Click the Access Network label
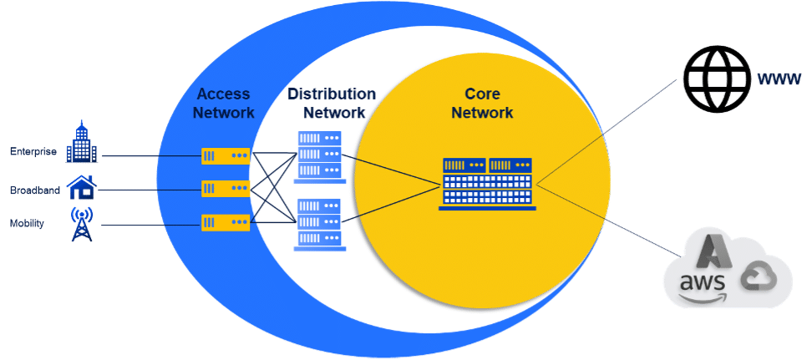pos(222,103)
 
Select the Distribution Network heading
pos(332,103)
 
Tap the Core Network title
pos(482,103)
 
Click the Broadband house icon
pos(81,188)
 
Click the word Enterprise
pos(33,152)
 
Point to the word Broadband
pos(34,190)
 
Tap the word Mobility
pos(28,224)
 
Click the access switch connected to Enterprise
pos(226,155)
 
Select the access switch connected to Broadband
pos(226,189)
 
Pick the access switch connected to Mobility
pos(226,222)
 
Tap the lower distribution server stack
pos(318,224)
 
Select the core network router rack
pos(487,182)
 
